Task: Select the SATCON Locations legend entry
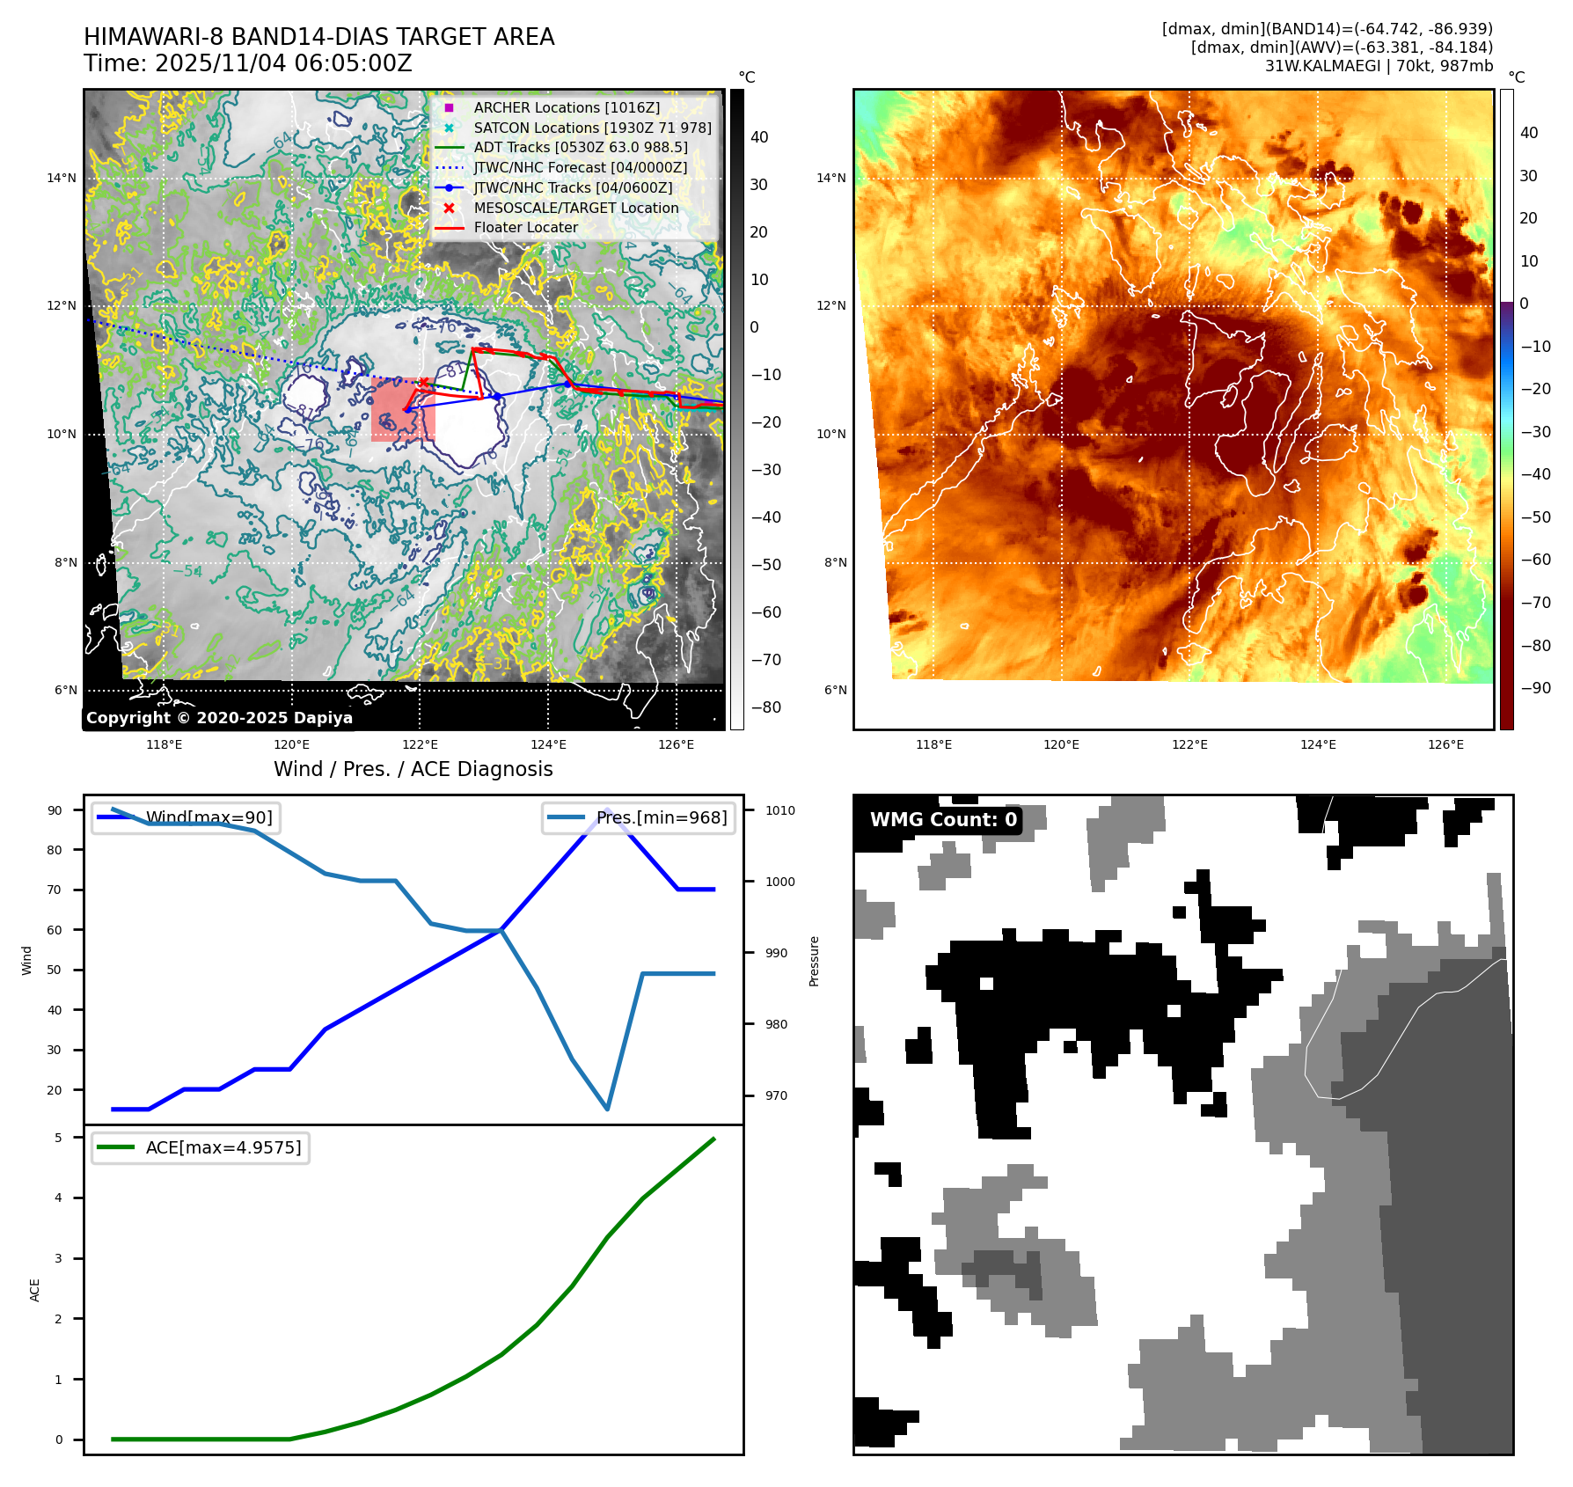(592, 128)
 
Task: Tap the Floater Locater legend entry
(525, 227)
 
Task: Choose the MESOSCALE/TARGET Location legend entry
(575, 208)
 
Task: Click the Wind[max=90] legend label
(209, 817)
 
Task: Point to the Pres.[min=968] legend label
(662, 817)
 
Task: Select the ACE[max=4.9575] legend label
(223, 1147)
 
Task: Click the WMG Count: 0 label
(943, 820)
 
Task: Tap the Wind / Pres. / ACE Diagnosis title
(413, 769)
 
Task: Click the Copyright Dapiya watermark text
(219, 718)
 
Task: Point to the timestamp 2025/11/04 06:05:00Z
(283, 63)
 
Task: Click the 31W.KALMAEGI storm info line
(1379, 66)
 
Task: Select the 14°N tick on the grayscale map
(62, 178)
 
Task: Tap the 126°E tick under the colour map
(1445, 744)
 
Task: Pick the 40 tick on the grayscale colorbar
(759, 137)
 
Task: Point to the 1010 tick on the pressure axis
(779, 810)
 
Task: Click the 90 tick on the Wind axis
(55, 810)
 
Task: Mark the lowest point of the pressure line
(607, 1109)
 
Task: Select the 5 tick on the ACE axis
(59, 1138)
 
